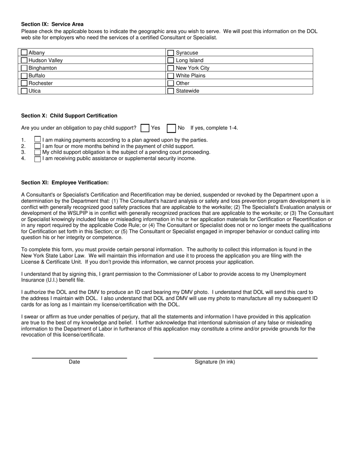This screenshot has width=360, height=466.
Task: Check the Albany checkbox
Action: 24,53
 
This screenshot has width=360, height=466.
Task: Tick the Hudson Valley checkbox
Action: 24,60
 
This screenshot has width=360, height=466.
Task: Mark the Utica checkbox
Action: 24,91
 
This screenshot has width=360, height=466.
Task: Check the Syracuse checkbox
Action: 171,53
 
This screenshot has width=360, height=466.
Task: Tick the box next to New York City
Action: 171,68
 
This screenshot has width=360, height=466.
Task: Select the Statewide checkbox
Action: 171,91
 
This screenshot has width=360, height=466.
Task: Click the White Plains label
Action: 191,76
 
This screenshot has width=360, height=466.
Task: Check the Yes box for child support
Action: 144,128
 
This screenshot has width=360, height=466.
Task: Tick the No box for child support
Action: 171,128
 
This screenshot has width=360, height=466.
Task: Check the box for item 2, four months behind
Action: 38,146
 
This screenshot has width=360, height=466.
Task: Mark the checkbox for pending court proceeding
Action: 38,152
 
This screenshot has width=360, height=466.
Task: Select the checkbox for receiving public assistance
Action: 38,159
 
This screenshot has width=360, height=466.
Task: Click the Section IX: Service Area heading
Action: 52,24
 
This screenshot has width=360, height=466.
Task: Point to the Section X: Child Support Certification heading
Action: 69,116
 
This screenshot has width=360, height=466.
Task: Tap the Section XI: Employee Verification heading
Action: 65,183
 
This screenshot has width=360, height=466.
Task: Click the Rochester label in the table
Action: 41,83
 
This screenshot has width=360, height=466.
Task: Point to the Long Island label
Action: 189,61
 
